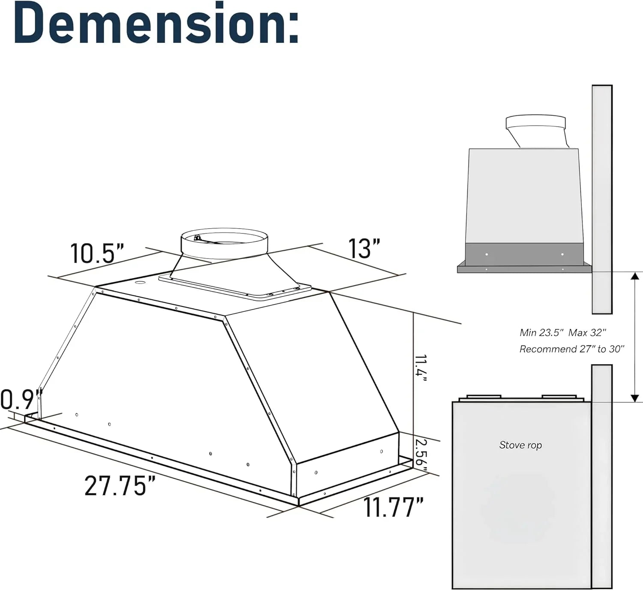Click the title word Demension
(156, 24)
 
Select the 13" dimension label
(364, 248)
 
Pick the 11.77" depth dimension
(394, 507)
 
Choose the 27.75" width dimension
(120, 486)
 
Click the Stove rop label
(520, 445)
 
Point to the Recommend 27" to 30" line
(572, 349)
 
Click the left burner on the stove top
(483, 397)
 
